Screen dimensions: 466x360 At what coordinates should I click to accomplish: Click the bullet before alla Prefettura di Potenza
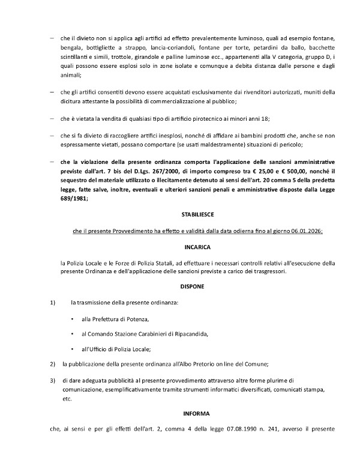tap(73, 318)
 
